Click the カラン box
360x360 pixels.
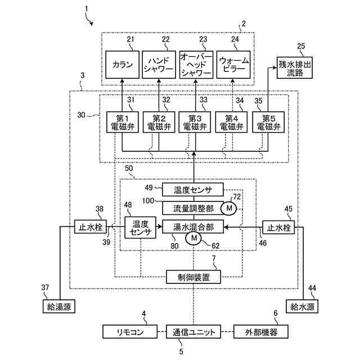point(123,65)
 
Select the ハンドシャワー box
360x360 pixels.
point(159,65)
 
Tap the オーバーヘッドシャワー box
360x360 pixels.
point(196,65)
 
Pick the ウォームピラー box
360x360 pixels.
point(233,65)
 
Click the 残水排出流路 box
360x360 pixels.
point(295,67)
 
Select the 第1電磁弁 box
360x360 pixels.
point(123,122)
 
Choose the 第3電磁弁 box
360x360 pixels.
point(195,122)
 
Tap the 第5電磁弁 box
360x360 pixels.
point(268,122)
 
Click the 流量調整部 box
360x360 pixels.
point(193,208)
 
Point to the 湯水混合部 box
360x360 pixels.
point(193,227)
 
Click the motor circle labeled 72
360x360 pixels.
point(229,208)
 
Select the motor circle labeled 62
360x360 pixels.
point(193,238)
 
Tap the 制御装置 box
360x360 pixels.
point(193,277)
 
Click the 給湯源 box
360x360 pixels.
point(59,306)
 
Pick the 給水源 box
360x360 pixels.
point(302,306)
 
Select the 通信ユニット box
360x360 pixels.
point(193,331)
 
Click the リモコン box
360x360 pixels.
point(130,331)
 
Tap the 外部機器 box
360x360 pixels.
point(261,331)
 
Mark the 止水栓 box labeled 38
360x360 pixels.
point(91,227)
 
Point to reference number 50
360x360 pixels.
point(129,168)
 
